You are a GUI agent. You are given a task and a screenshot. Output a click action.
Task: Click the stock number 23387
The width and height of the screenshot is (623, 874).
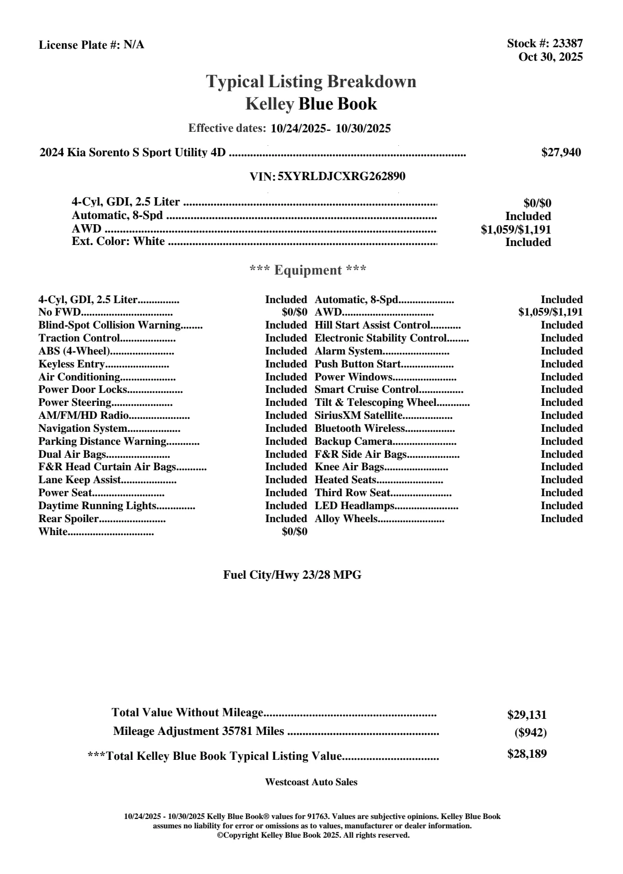(x=568, y=44)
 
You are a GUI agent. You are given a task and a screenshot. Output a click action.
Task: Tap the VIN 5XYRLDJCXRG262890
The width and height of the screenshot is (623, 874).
(x=341, y=176)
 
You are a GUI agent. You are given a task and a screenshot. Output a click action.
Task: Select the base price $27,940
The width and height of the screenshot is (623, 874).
(x=561, y=153)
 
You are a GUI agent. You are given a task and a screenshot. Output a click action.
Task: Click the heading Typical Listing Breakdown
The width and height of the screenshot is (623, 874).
(x=311, y=81)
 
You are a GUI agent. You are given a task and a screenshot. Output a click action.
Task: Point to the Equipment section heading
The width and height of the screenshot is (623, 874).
(x=308, y=270)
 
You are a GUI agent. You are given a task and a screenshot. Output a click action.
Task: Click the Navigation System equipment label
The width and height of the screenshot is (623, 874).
(x=83, y=429)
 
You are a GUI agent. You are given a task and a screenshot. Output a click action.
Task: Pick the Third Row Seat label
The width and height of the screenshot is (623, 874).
(x=352, y=493)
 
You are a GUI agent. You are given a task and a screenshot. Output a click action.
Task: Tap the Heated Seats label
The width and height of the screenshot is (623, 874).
(x=345, y=480)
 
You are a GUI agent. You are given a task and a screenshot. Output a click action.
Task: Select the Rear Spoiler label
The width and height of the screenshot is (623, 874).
(x=68, y=519)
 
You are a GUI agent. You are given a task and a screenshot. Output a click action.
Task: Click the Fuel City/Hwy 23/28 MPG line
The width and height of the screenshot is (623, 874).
(x=292, y=575)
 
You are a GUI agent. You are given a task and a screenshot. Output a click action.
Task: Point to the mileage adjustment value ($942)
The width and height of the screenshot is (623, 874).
(x=530, y=733)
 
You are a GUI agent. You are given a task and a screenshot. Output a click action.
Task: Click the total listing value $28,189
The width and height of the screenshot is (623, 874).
(x=527, y=754)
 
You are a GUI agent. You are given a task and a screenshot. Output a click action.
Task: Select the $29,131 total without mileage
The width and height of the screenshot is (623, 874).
(x=527, y=715)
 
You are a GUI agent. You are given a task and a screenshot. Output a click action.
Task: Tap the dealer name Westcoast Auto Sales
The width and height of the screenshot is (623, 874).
(x=311, y=782)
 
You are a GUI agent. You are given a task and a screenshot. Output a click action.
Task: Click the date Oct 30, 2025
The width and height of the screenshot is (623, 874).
(x=550, y=57)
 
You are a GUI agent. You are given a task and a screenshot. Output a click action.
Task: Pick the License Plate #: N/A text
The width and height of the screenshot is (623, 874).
(x=91, y=45)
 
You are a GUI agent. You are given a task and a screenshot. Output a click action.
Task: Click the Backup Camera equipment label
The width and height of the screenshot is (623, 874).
(x=353, y=442)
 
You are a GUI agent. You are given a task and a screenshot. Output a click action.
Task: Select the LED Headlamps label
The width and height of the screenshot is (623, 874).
(x=355, y=506)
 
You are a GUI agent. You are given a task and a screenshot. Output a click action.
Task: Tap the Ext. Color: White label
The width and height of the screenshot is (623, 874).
(x=118, y=241)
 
